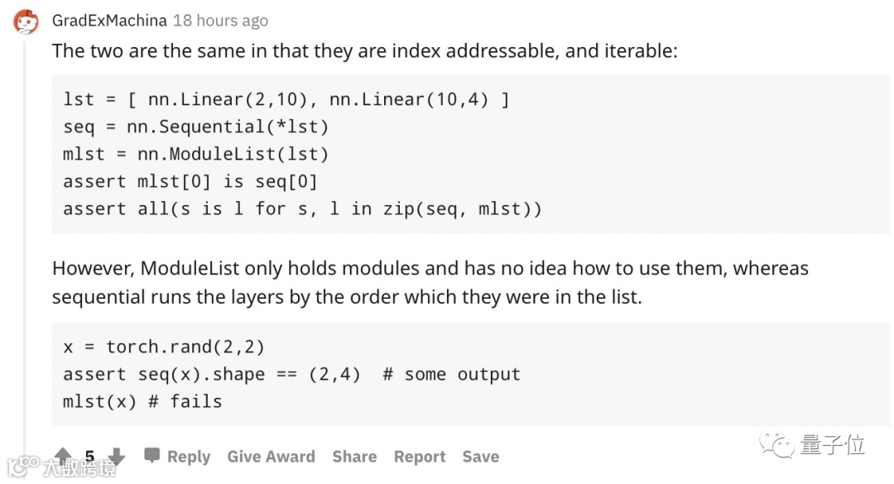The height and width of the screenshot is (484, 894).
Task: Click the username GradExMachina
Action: (109, 20)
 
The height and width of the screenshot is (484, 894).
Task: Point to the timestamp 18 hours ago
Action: (220, 20)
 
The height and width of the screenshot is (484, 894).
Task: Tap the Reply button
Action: (177, 457)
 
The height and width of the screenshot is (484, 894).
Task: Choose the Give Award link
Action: (271, 457)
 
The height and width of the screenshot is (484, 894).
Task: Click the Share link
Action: (354, 457)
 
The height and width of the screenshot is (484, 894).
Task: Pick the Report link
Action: (420, 457)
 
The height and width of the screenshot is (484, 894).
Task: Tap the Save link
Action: (480, 457)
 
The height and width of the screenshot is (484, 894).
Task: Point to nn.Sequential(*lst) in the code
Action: (228, 127)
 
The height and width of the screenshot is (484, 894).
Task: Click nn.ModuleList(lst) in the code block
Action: (233, 154)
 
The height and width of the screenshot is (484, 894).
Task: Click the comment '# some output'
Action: (451, 374)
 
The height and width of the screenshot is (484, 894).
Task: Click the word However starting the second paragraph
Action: (90, 268)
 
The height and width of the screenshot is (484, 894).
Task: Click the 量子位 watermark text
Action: (832, 445)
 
